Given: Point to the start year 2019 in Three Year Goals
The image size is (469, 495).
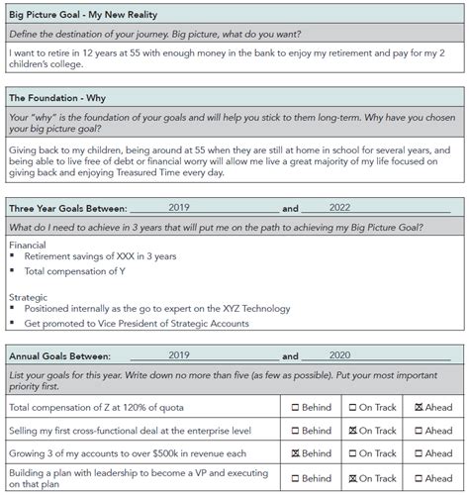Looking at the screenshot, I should tap(179, 209).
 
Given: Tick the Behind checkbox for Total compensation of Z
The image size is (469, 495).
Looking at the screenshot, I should tap(296, 408).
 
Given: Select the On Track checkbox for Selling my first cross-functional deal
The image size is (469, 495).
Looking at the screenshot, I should tap(354, 431).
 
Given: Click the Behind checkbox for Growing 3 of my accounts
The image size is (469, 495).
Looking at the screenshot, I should tap(296, 454).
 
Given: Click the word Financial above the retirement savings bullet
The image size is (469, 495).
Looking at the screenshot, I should tap(27, 243).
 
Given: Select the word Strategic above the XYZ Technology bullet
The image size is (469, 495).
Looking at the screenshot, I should tap(27, 296).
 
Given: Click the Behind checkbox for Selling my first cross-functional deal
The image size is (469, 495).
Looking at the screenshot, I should tap(296, 431).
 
